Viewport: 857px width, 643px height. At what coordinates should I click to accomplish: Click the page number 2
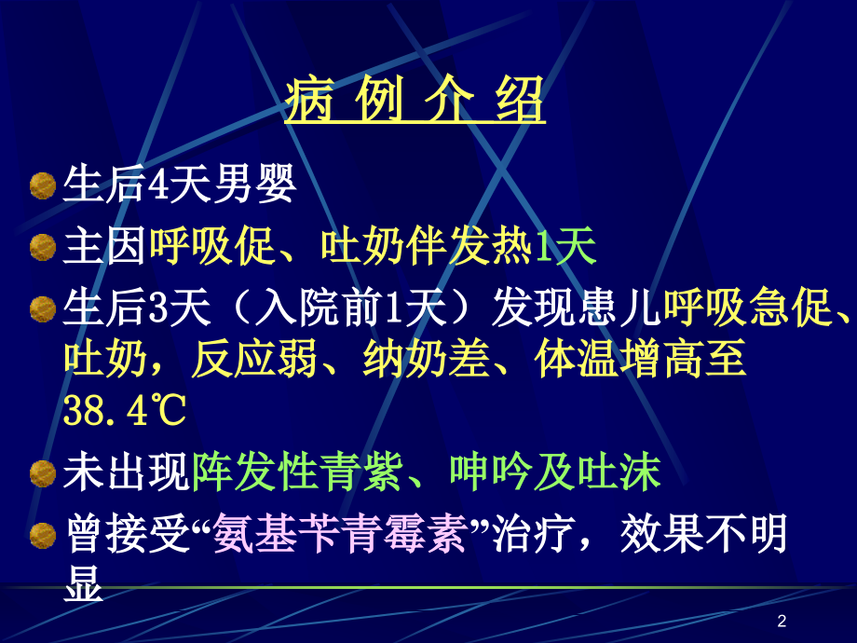tap(781, 622)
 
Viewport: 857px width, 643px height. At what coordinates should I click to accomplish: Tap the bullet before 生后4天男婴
tap(43, 186)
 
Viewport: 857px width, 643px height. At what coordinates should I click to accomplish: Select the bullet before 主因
tap(43, 247)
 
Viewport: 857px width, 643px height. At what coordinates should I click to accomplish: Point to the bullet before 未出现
tap(43, 475)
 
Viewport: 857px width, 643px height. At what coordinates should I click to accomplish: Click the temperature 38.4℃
tap(125, 410)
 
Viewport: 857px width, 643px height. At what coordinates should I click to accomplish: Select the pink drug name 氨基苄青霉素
tap(339, 536)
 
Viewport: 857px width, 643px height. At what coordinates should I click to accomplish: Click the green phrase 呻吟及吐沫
tap(555, 475)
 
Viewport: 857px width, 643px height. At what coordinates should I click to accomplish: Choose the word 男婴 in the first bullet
tap(265, 186)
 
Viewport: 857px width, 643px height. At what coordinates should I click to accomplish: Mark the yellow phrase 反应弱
tap(236, 362)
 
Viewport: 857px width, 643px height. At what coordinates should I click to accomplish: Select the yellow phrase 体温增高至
tap(641, 362)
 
